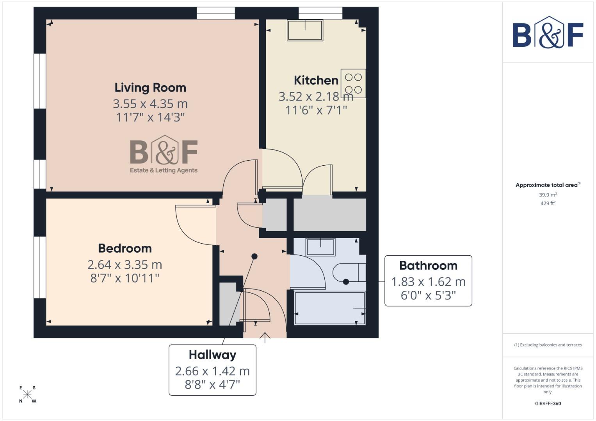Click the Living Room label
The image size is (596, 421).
(x=150, y=88)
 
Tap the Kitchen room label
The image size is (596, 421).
(x=316, y=80)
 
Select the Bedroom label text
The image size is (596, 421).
(x=125, y=248)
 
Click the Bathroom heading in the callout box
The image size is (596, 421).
(x=428, y=265)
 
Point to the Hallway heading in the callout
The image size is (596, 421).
(x=212, y=355)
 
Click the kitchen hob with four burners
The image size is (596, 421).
(x=353, y=83)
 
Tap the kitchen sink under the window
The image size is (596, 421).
(x=305, y=30)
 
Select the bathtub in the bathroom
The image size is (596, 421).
(x=330, y=308)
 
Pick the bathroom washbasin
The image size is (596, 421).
(x=320, y=247)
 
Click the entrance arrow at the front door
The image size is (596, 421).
(x=265, y=338)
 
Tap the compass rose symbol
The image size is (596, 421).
(x=27, y=394)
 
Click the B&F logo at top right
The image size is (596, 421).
(x=548, y=33)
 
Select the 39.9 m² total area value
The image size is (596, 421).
(x=548, y=195)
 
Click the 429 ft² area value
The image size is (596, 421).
(x=548, y=203)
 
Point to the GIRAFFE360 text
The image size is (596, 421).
(x=548, y=403)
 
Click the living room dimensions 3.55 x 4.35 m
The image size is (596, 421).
(x=150, y=104)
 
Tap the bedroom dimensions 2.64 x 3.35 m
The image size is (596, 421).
(x=125, y=265)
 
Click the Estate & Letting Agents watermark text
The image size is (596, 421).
(x=164, y=170)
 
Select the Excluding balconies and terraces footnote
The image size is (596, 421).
(x=548, y=345)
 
